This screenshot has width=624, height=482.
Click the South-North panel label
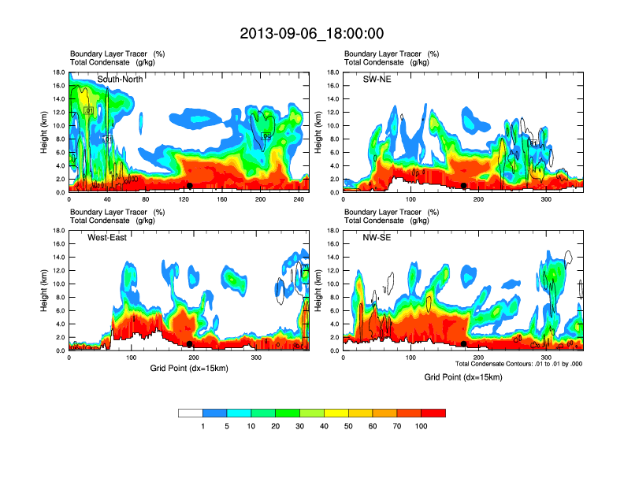[x=120, y=80]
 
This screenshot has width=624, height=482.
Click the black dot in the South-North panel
[x=189, y=186]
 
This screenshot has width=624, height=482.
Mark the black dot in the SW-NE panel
[x=464, y=186]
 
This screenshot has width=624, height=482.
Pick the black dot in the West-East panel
[x=189, y=344]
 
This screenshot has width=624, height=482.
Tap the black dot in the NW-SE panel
[x=464, y=344]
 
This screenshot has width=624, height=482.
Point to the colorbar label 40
[x=325, y=426]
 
